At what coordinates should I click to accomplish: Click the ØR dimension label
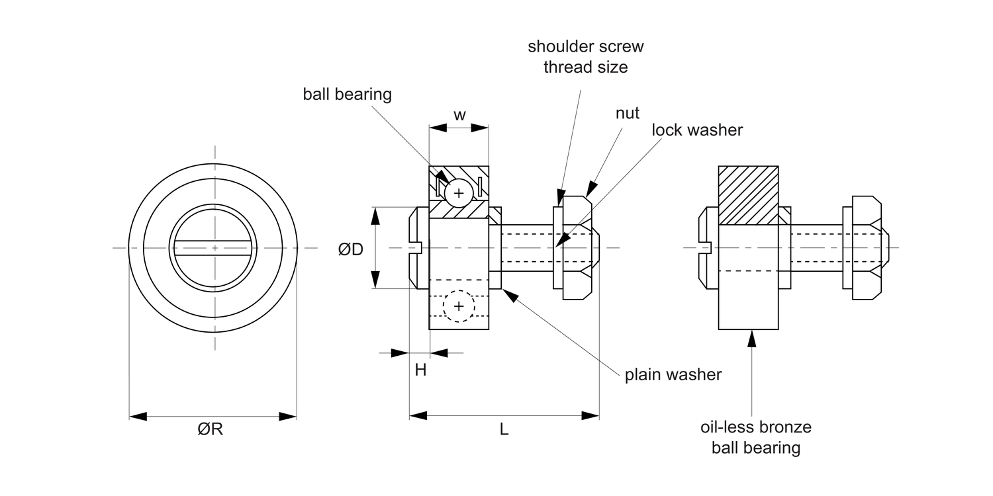point(210,429)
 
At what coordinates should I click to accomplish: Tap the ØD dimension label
point(351,249)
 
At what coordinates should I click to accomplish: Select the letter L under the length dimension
point(504,429)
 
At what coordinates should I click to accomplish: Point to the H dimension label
point(420,369)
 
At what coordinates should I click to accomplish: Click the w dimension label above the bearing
point(459,115)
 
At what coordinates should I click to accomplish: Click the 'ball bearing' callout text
point(347,95)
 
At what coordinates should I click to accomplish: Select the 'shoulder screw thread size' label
point(586,57)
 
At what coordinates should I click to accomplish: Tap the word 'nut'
point(628,113)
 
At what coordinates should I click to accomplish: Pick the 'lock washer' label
point(697,130)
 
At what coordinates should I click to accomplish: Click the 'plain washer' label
point(673,375)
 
